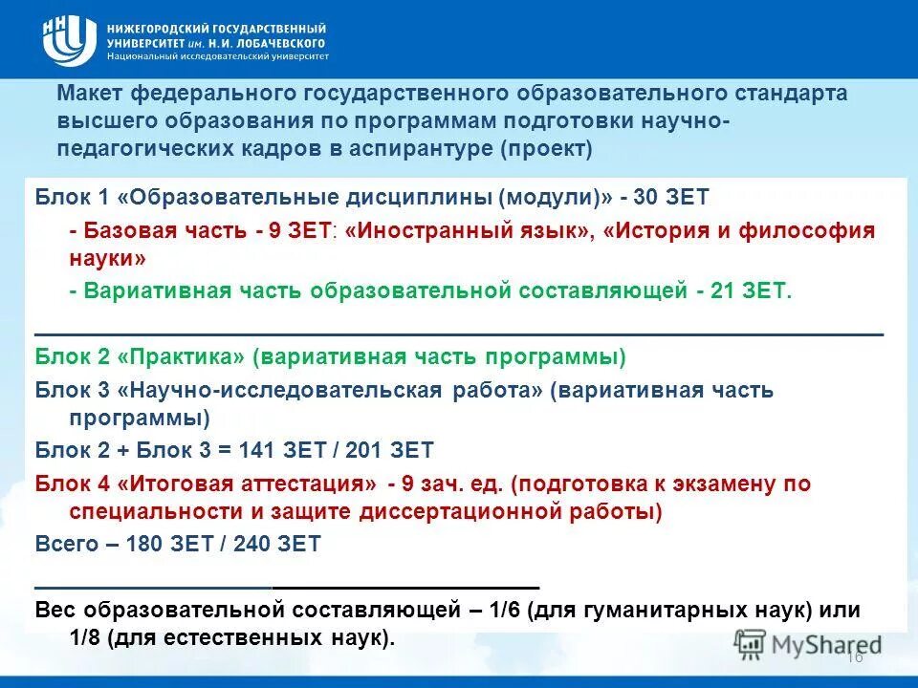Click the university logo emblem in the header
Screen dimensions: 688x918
[x=69, y=39]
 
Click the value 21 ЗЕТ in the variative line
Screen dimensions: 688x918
[x=752, y=291]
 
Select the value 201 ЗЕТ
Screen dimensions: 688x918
[x=389, y=449]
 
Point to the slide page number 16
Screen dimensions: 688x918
[x=855, y=657]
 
